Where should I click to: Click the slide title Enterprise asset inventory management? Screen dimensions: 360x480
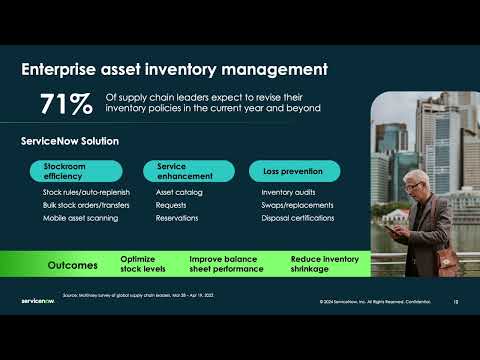175,70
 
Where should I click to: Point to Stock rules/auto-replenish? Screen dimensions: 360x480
85,192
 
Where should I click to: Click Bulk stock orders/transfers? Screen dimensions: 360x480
86,205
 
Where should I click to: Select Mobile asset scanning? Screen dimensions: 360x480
82,218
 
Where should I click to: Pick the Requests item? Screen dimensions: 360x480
172,205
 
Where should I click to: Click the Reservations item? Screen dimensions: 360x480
177,218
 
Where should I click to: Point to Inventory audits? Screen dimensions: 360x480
288,192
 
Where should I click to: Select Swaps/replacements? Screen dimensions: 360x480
292,205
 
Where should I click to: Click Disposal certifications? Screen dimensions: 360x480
297,218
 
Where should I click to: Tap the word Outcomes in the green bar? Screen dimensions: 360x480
73,265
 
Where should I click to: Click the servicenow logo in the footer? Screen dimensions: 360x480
37,299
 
